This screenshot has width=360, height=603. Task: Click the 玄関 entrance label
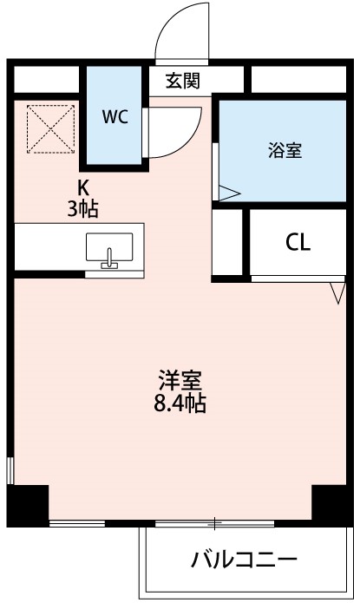pyautogui.click(x=183, y=82)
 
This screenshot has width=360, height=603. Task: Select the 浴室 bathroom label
pyautogui.click(x=285, y=150)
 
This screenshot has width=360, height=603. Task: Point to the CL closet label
pyautogui.click(x=298, y=244)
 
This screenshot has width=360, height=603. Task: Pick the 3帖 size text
pyautogui.click(x=83, y=208)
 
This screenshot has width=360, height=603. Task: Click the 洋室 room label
pyautogui.click(x=180, y=380)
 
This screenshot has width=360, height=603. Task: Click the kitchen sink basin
pyautogui.click(x=110, y=247)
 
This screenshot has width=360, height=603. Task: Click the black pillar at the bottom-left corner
pyautogui.click(x=28, y=505)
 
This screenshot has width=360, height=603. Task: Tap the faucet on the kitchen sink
pyautogui.click(x=109, y=258)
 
